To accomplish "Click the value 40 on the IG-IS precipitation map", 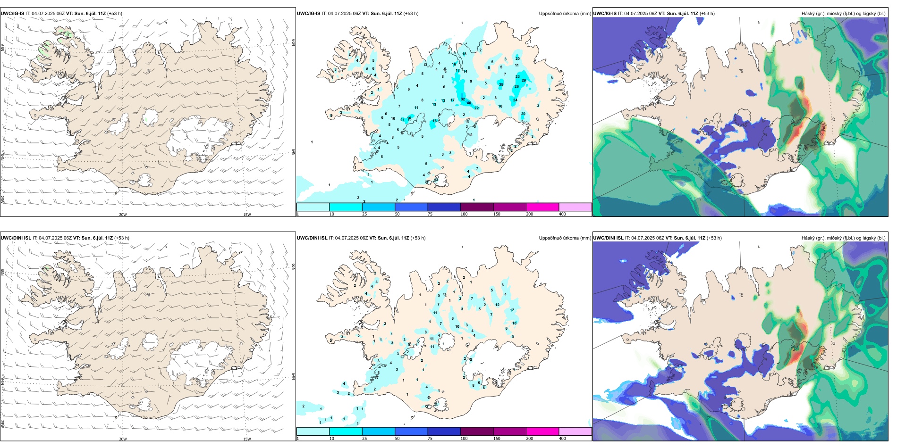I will (x=469, y=103).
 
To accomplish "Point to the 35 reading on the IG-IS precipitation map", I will (x=501, y=85).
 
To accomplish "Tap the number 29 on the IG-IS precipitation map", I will (x=524, y=81).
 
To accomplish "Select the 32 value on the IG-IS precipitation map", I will (x=463, y=100).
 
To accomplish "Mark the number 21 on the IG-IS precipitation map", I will (x=402, y=120).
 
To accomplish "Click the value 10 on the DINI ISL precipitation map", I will (x=457, y=326).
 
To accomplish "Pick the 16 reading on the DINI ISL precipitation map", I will (x=515, y=323).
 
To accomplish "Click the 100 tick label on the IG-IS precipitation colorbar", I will (x=464, y=214).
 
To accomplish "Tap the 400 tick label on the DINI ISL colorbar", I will (x=562, y=439).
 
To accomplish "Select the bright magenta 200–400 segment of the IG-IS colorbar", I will (x=542, y=207).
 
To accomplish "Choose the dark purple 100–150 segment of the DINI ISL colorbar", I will (x=477, y=431).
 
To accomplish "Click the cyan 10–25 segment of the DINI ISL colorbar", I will (x=346, y=431).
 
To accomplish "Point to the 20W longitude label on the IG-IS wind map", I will (x=123, y=215).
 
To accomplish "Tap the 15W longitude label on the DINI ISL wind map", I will (x=247, y=439).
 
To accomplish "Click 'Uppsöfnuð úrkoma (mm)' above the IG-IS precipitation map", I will (x=565, y=14).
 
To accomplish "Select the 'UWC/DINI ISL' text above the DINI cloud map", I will (x=608, y=238).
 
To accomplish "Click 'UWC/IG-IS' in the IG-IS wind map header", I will (x=12, y=14).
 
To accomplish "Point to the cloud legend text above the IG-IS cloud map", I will (x=843, y=14).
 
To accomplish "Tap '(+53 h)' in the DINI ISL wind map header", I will (x=122, y=238).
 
